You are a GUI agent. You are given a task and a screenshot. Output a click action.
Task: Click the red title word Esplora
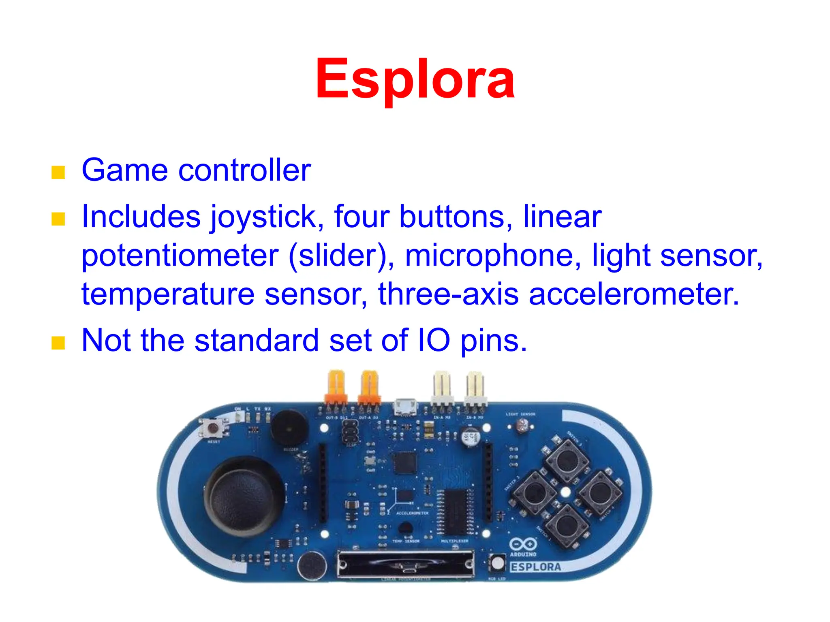click(x=415, y=79)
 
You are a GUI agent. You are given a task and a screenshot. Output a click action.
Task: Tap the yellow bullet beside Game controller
click(x=58, y=172)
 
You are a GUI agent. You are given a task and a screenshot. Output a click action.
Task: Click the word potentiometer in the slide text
click(x=180, y=256)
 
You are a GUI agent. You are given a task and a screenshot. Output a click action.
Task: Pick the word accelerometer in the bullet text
click(x=634, y=294)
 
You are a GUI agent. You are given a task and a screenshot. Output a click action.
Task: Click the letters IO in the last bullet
click(x=434, y=340)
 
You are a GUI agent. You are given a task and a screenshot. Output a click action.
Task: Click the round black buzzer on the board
click(x=289, y=428)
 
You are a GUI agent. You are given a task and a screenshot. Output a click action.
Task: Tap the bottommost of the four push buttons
click(x=566, y=525)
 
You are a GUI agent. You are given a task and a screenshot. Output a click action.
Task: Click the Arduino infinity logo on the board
click(x=523, y=544)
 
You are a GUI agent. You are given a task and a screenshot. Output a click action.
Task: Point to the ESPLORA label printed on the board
click(x=536, y=567)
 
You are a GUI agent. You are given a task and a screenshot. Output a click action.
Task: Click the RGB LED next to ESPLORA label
click(x=497, y=562)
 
